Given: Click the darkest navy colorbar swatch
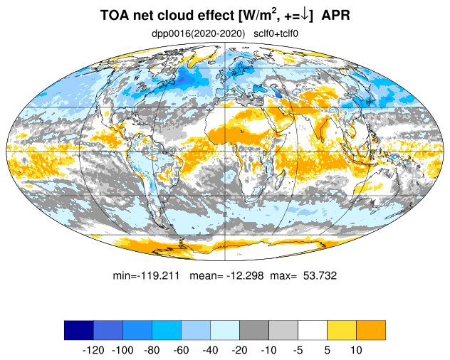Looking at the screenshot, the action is (x=79, y=330).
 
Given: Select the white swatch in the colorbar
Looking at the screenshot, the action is (x=313, y=330).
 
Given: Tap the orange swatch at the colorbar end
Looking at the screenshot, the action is (x=371, y=330).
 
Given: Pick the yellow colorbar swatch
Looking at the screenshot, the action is (x=342, y=330).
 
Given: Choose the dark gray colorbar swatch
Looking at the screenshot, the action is (x=254, y=330).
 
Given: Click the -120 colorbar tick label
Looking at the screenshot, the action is (x=93, y=350).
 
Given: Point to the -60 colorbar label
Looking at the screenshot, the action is (x=181, y=350).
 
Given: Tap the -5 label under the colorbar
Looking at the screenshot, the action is (x=298, y=350).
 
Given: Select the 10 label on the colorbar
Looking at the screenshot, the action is (x=357, y=350).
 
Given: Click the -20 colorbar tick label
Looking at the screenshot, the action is (x=239, y=350).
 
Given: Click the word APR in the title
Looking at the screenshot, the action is (x=336, y=15).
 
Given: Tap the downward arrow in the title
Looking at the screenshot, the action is (x=305, y=15).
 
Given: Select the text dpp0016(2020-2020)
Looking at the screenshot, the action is (x=199, y=34).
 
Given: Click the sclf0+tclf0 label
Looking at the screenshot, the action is (x=276, y=34).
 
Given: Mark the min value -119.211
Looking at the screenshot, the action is (x=146, y=275).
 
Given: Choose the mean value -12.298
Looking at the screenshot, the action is (x=226, y=275).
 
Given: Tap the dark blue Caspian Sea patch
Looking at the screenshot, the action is (x=278, y=95).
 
